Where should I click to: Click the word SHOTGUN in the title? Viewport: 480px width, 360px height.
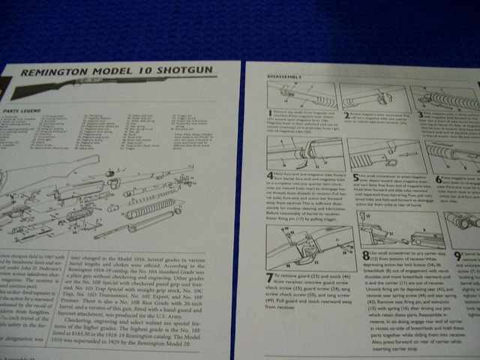click(184, 71)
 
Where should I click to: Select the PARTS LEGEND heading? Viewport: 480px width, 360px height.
click(20, 110)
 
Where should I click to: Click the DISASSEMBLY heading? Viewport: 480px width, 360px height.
click(277, 76)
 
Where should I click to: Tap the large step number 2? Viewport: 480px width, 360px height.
click(343, 115)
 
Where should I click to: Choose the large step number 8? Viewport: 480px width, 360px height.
click(364, 256)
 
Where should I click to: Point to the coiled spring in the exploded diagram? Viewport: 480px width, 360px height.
click(150, 207)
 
